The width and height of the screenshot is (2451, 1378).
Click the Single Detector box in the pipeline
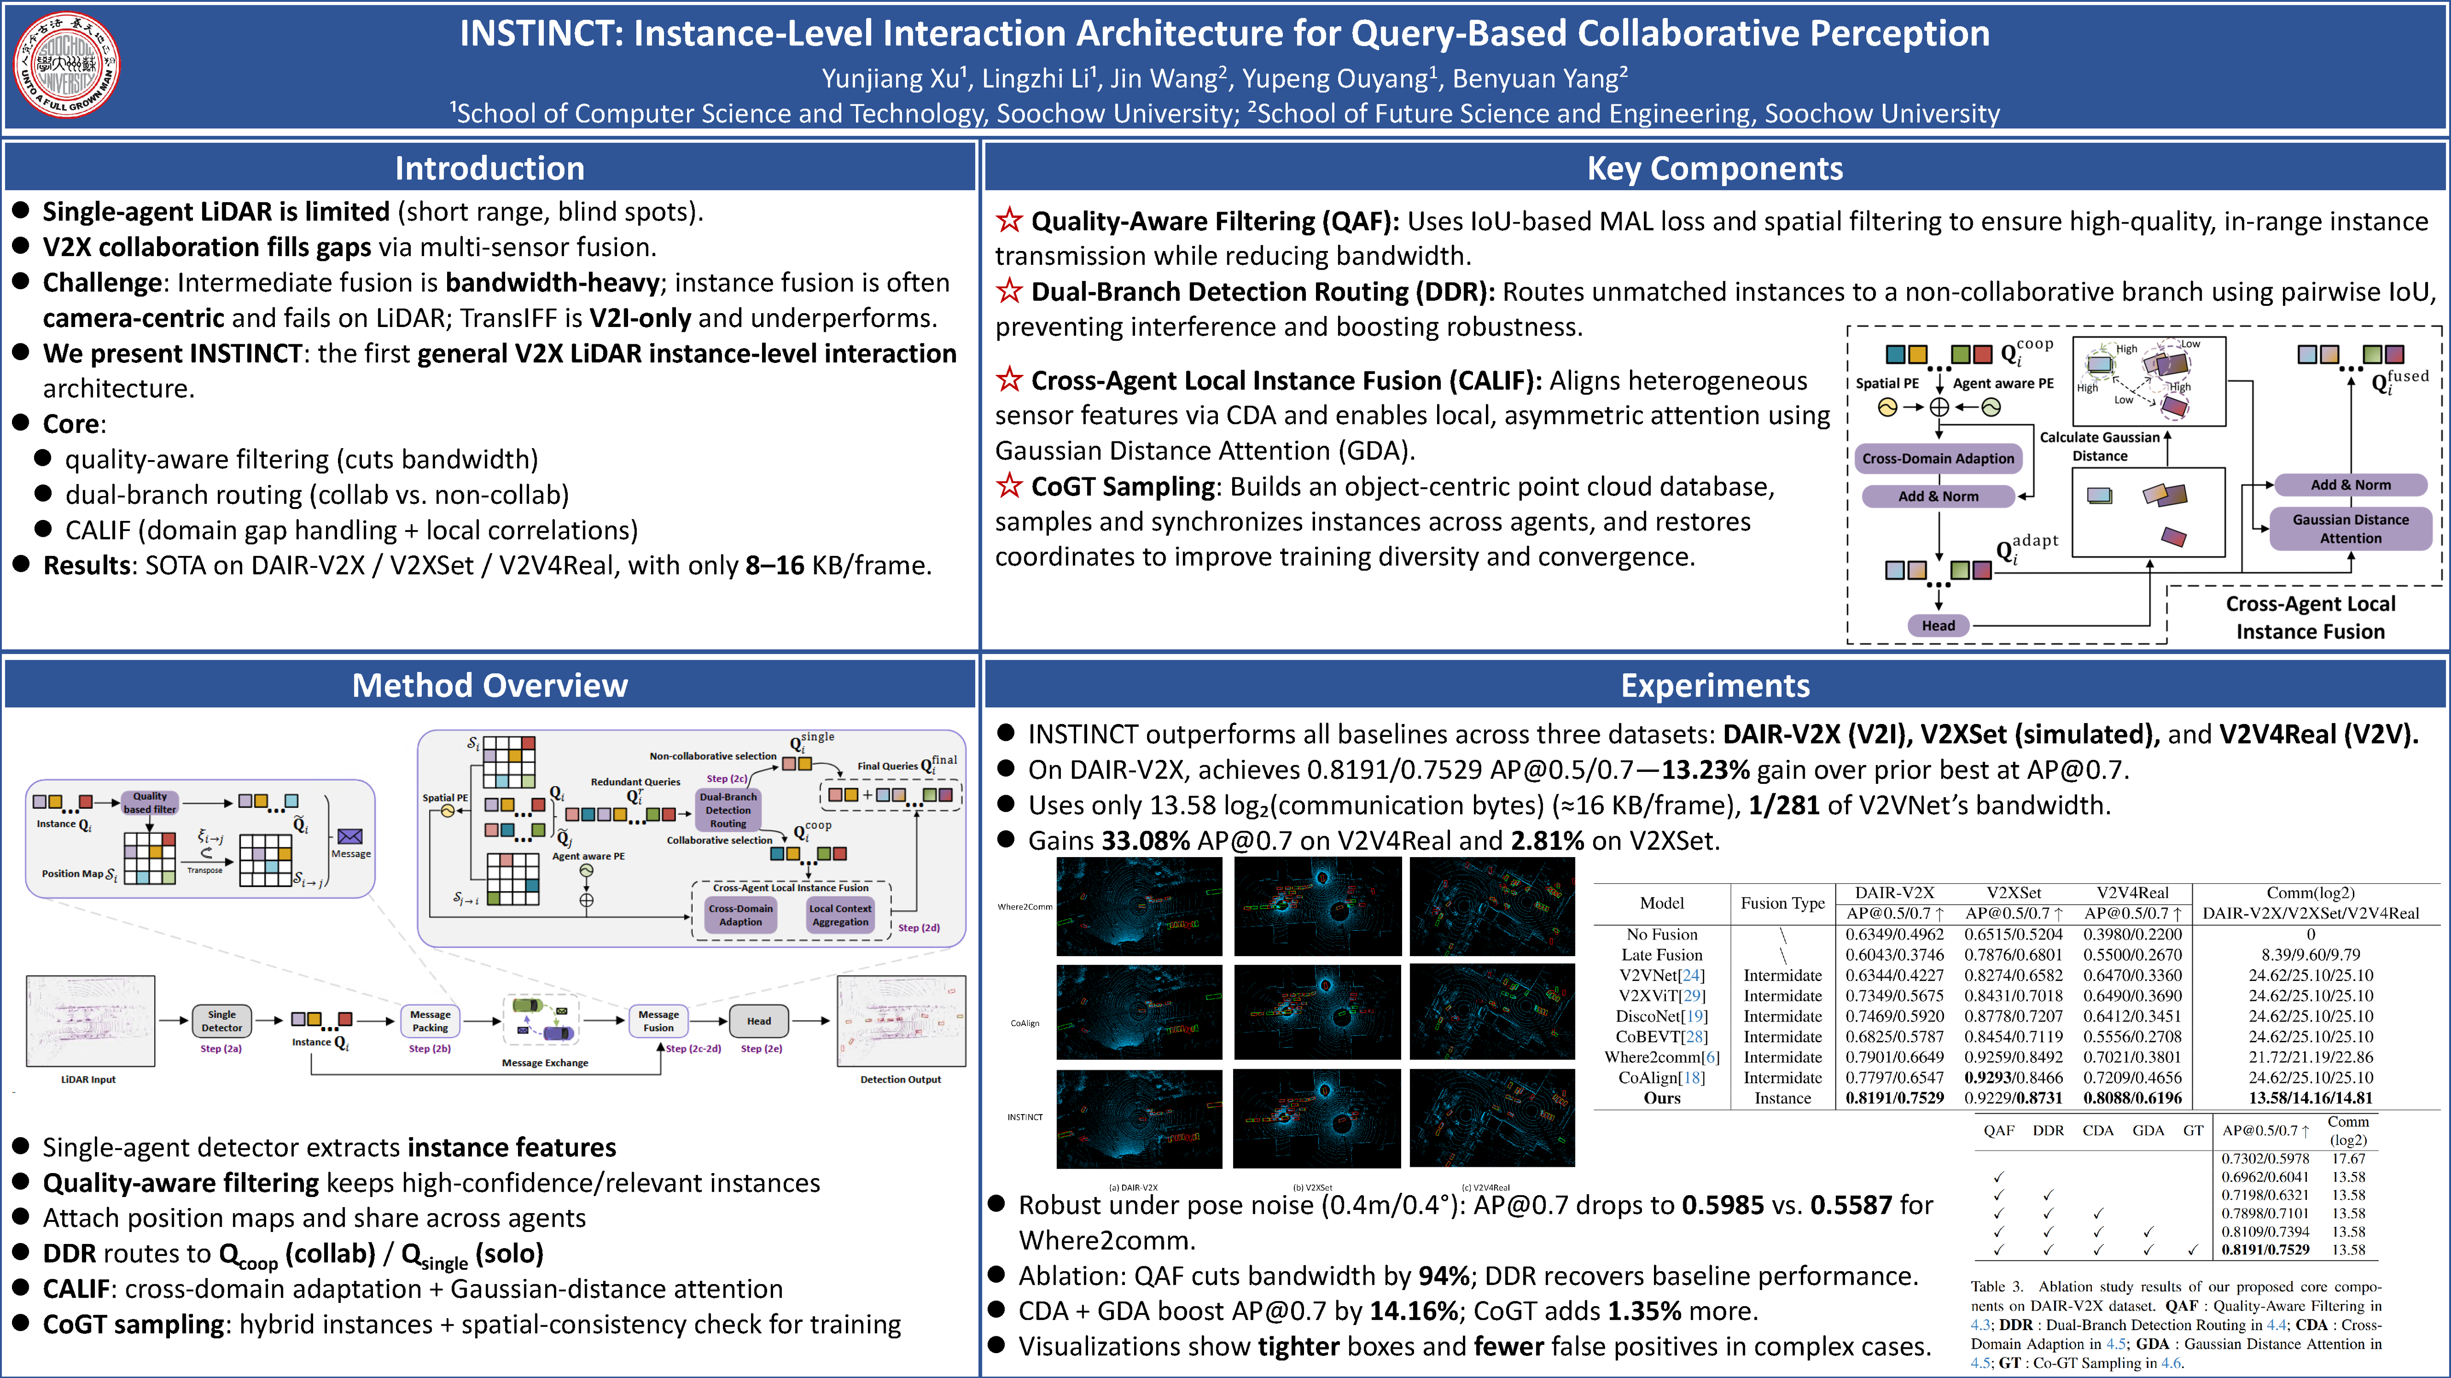222,1021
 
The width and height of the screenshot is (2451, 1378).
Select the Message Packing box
430,1021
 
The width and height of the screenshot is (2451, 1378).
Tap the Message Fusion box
658,1021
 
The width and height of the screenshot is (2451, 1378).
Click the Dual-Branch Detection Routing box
728,810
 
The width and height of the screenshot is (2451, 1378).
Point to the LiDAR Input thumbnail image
90,1021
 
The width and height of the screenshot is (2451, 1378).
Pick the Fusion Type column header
1782,903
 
